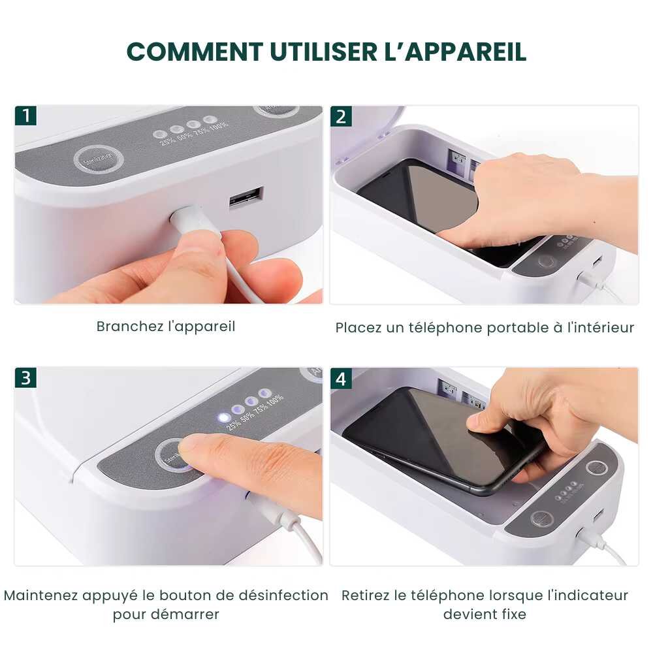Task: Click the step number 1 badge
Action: tap(25, 116)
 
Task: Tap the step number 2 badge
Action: tap(341, 116)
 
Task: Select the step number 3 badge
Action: tap(25, 378)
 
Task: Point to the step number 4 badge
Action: tap(341, 378)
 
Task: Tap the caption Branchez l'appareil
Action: tap(166, 326)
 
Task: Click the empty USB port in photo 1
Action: tap(246, 197)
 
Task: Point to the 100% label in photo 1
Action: tap(219, 124)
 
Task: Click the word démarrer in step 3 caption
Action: tap(186, 614)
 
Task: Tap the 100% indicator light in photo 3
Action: tap(264, 393)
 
